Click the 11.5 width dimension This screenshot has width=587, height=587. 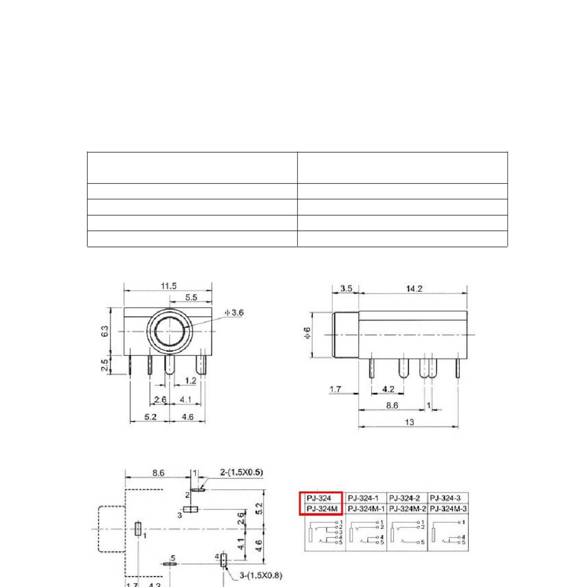(168, 286)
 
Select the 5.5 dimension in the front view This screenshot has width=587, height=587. (191, 297)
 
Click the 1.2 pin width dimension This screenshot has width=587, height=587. (191, 380)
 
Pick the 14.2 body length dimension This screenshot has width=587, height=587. (414, 289)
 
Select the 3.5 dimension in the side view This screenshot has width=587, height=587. (346, 289)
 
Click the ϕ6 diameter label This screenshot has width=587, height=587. (308, 333)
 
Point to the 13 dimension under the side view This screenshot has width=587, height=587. (409, 422)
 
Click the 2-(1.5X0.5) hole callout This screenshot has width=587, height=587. (241, 472)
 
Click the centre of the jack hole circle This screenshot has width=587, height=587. (169, 331)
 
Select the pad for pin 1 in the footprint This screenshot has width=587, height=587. (138, 528)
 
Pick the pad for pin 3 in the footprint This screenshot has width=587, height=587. (191, 509)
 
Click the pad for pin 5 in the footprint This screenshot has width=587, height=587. (169, 564)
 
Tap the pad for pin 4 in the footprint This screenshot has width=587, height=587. (223, 560)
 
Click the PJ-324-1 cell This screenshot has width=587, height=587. (363, 498)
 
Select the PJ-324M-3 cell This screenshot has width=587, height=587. (448, 509)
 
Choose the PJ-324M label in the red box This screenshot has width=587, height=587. (322, 509)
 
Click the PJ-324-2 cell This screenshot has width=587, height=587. (405, 498)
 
